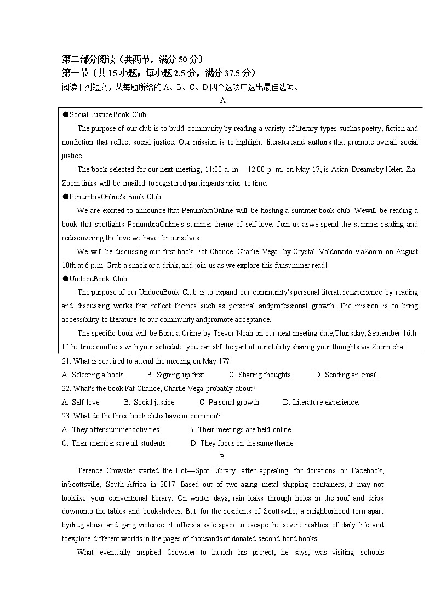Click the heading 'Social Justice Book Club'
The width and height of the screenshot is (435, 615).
tap(107, 115)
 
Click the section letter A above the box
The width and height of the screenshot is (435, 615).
tap(222, 101)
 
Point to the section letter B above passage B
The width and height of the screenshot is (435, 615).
tap(222, 457)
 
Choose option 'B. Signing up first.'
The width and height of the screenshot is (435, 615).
tap(176, 375)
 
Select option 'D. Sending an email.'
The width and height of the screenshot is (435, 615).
tap(346, 375)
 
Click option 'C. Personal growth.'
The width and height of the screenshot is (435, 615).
tap(230, 403)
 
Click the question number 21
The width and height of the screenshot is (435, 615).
tap(66, 361)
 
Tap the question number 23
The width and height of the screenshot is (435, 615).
tap(66, 416)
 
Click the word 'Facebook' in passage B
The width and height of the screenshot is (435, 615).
tap(368, 471)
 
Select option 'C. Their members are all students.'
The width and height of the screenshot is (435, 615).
tap(115, 444)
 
